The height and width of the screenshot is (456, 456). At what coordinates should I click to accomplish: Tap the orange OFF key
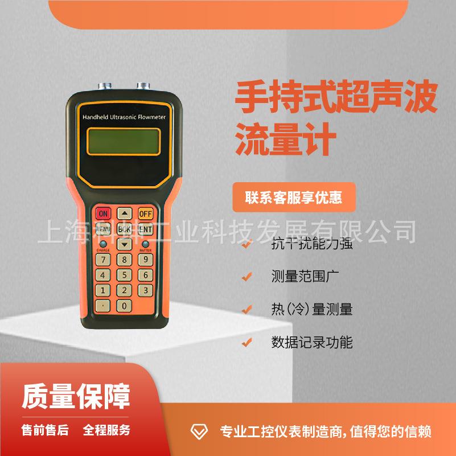(x=146, y=213)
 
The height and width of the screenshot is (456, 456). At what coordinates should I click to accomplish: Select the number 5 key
(x=125, y=275)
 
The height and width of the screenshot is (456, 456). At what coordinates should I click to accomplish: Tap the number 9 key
(x=146, y=260)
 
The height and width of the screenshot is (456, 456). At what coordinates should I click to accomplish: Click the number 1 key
(x=103, y=290)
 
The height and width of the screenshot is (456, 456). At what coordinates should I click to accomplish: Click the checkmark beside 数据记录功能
(x=247, y=342)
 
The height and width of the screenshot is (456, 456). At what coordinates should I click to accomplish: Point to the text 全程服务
(x=106, y=430)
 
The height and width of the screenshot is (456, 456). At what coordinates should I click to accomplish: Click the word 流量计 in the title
(x=283, y=140)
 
